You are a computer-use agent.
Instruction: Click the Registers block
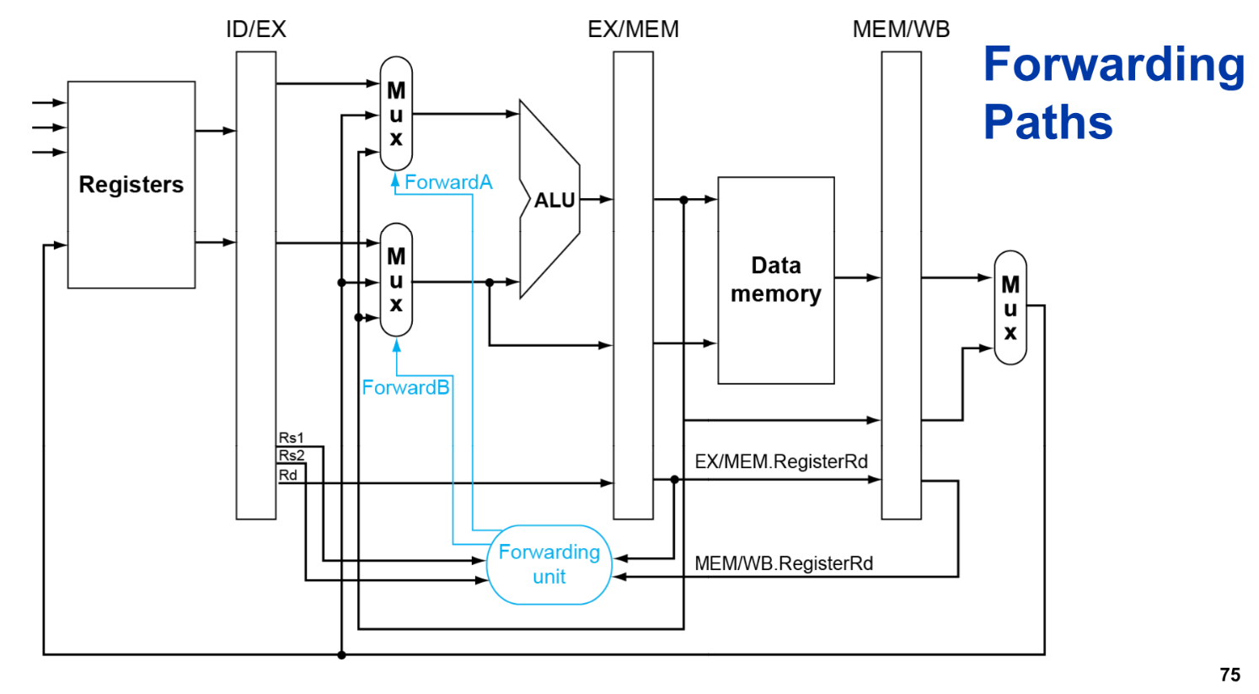(x=131, y=185)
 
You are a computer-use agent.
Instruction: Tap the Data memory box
(x=775, y=280)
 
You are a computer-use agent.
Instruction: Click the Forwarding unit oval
(x=549, y=564)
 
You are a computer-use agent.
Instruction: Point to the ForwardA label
(x=447, y=182)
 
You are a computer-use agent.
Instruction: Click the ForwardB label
(x=405, y=387)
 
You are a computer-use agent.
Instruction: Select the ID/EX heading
(x=255, y=30)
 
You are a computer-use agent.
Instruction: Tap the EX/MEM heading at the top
(x=633, y=30)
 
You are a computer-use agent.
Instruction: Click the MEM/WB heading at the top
(x=901, y=30)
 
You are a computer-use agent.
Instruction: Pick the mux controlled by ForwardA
(x=396, y=114)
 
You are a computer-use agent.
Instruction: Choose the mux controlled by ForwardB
(x=396, y=280)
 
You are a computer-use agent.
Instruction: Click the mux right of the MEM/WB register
(x=1010, y=308)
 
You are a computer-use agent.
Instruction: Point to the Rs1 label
(x=291, y=438)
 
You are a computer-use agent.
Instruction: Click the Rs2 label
(x=292, y=455)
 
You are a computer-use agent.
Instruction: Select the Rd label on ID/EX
(x=288, y=475)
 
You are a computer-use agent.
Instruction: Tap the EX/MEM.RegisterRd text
(x=780, y=462)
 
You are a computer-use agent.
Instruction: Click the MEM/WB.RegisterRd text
(x=783, y=563)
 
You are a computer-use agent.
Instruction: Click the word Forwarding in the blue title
(x=1113, y=65)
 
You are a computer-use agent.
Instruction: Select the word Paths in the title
(x=1047, y=122)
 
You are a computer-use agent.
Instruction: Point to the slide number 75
(x=1230, y=675)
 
